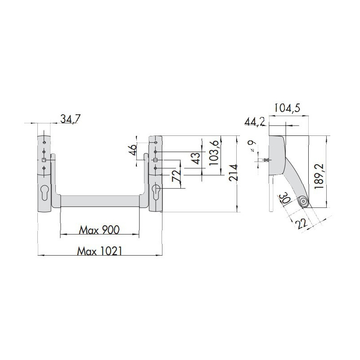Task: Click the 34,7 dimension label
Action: click(x=71, y=119)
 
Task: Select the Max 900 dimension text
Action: click(x=99, y=230)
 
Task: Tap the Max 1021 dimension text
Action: click(x=99, y=251)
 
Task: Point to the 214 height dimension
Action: click(x=233, y=173)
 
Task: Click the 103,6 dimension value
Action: click(x=214, y=153)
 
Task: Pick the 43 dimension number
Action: click(x=196, y=158)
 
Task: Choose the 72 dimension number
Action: click(x=176, y=176)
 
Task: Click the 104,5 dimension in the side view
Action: click(x=287, y=108)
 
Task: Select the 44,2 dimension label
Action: click(x=255, y=121)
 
